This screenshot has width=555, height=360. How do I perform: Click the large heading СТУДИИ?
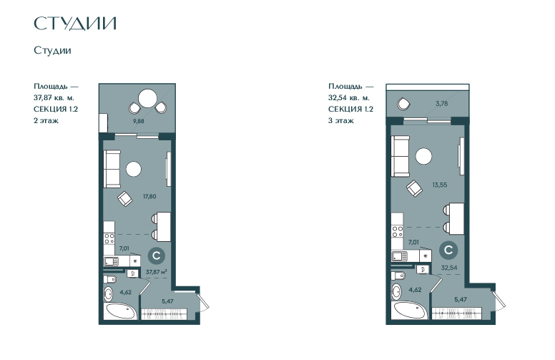pos(75,24)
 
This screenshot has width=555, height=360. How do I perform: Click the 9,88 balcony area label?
pos(139,121)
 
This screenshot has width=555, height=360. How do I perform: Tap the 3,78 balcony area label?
pos(442,104)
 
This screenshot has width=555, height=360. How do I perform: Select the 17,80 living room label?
pos(149,196)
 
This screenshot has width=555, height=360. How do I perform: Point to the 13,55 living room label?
pos(439,185)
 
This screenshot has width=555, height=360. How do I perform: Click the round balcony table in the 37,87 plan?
pos(147,99)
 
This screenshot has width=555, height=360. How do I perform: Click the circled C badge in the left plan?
pos(157,256)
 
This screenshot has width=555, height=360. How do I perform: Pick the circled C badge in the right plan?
pos(448,250)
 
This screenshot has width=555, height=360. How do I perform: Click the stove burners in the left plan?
pos(109,238)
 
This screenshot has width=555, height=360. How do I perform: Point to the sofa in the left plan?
pos(112,169)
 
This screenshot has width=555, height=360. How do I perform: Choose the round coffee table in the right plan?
pos(423,156)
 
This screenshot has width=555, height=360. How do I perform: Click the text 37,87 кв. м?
pos(54,97)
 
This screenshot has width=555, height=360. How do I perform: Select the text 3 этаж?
pos(340,120)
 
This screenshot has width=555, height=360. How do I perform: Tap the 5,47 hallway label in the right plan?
pos(461,299)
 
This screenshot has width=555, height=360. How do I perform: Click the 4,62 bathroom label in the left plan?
pos(126,292)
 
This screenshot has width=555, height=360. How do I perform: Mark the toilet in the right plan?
pos(398,276)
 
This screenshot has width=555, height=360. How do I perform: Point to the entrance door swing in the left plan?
pos(204,301)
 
